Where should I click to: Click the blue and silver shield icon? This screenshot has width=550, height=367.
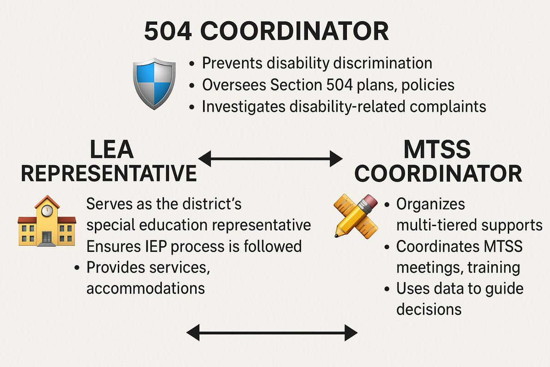tap(154, 83)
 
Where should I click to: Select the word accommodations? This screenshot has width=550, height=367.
tap(145, 289)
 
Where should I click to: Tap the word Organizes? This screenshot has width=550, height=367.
tap(430, 204)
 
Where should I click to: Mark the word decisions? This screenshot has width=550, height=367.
tap(429, 309)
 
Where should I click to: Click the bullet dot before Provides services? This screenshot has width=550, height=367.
tap(77, 268)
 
